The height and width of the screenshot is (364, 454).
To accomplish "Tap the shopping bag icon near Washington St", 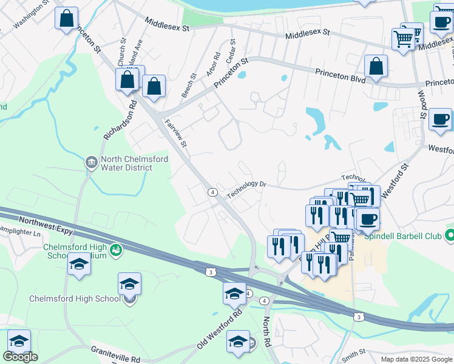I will tap(67, 19).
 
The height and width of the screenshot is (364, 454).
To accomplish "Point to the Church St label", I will tap(121, 53).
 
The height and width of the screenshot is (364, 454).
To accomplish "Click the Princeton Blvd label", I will tap(340, 75).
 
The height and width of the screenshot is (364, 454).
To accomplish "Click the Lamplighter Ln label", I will tap(20, 233).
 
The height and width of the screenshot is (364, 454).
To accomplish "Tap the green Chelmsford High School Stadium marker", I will tap(115, 249).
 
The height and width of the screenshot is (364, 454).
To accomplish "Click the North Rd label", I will tap(268, 329).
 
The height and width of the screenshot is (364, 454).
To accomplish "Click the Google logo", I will tap(20, 357).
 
